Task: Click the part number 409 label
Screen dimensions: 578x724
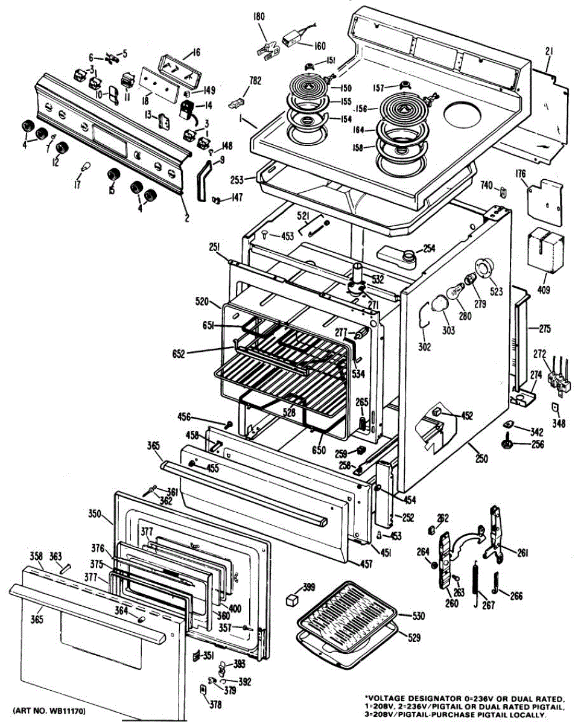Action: click(544, 289)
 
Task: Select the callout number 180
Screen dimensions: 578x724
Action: click(259, 17)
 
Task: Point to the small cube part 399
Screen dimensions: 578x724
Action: click(291, 600)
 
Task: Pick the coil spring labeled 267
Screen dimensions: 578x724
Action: click(475, 583)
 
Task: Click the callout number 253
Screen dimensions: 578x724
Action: click(237, 180)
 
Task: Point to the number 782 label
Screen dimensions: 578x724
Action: click(255, 81)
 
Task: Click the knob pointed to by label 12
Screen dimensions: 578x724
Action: click(62, 147)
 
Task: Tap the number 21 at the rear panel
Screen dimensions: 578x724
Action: click(548, 51)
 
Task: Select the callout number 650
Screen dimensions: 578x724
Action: click(319, 450)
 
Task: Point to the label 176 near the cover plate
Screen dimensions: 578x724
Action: click(520, 174)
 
